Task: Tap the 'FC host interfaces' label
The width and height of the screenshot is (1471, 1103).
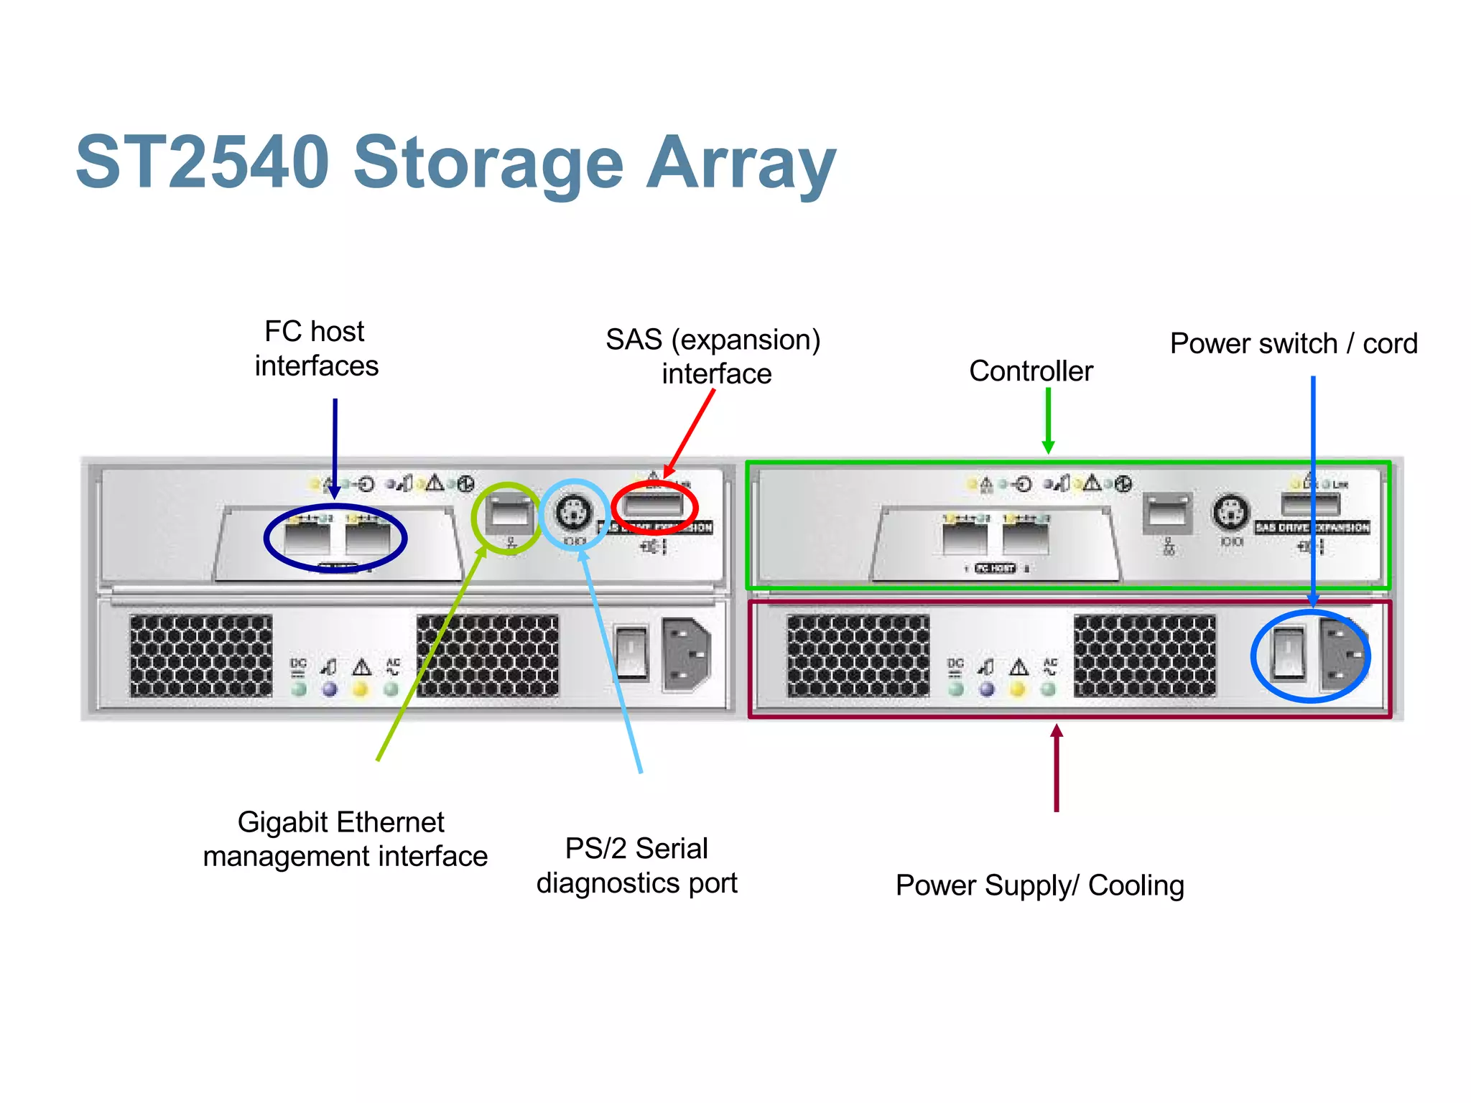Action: click(x=316, y=349)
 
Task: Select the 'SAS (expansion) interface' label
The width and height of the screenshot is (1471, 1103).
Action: click(x=713, y=356)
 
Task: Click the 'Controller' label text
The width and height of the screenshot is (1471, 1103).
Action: click(x=1031, y=371)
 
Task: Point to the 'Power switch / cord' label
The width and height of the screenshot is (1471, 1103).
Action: click(x=1294, y=344)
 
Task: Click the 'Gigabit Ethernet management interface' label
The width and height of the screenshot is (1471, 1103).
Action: click(x=345, y=839)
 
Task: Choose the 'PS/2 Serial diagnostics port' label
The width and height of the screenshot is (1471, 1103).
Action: click(x=636, y=865)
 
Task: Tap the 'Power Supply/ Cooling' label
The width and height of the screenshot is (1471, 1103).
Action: click(x=1039, y=885)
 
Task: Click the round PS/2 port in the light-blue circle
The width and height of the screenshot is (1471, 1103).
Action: click(x=574, y=513)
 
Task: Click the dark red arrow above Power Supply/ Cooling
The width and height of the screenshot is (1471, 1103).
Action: click(x=1057, y=768)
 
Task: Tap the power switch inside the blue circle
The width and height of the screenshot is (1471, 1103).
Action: click(x=1288, y=653)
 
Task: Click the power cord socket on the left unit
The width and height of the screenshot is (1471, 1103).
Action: click(x=686, y=654)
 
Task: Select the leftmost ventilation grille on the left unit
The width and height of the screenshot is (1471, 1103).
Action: click(x=201, y=655)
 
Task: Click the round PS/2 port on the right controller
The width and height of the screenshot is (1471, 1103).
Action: click(x=1230, y=513)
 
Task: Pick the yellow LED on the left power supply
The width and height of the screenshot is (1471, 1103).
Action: click(x=361, y=689)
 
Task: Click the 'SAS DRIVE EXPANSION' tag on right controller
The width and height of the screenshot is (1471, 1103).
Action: click(x=1312, y=527)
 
